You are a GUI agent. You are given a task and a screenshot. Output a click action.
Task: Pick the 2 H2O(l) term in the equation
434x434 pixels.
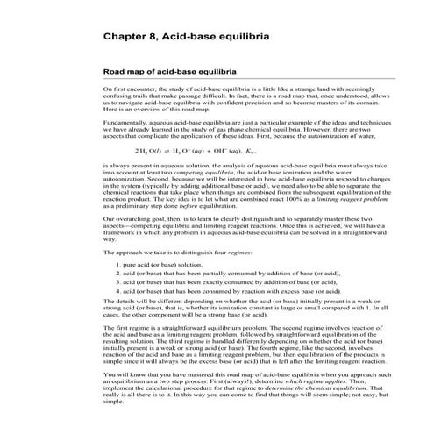139,151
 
